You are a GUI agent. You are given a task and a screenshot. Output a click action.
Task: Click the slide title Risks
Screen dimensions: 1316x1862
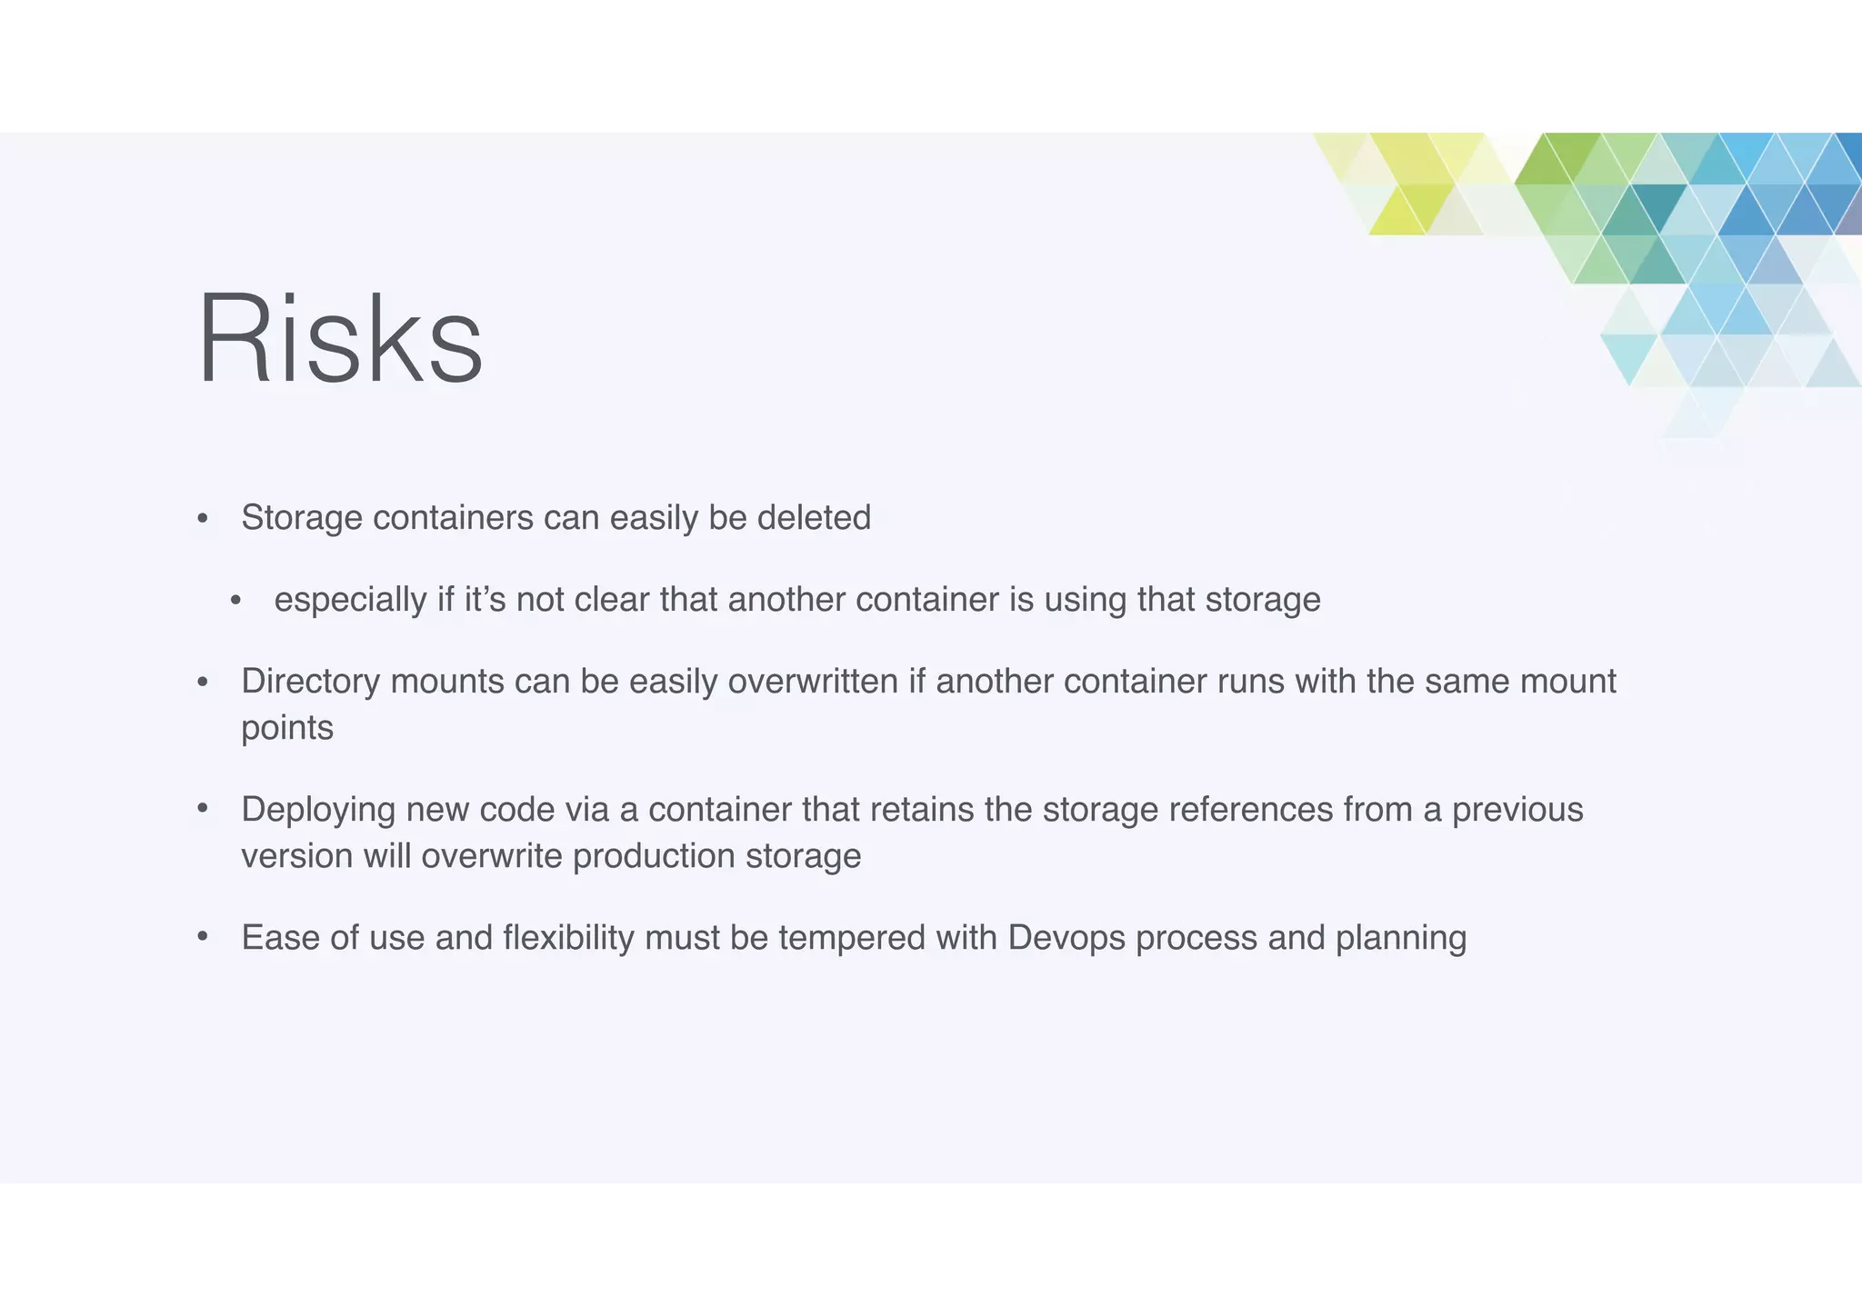point(340,338)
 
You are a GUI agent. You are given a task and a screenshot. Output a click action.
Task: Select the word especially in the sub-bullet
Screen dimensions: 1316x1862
point(350,600)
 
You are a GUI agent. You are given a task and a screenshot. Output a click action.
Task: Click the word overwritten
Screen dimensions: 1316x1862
point(813,682)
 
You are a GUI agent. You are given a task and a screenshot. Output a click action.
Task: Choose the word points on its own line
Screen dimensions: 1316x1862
point(287,728)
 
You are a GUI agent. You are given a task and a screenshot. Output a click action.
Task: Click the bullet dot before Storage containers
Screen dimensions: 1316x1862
point(203,520)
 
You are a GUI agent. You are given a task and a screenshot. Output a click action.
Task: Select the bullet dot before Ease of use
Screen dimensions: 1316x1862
point(203,937)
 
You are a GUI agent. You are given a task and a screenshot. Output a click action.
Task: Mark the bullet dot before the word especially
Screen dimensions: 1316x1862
point(236,601)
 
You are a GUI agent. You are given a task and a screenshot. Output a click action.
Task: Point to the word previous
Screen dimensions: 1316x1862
point(1517,810)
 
